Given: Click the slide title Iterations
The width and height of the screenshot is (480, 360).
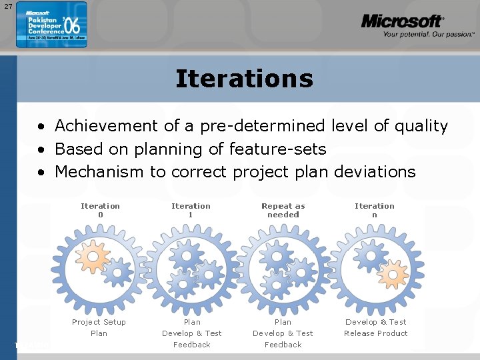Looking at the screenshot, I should click(x=244, y=79).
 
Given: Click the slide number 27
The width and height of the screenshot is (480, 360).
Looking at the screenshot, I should click(x=8, y=6).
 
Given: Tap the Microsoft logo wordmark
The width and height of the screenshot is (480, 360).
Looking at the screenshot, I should click(x=402, y=21).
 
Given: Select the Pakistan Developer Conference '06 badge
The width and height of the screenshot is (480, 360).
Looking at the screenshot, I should click(x=51, y=25).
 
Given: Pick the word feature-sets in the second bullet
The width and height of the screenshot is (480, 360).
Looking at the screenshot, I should click(x=277, y=149).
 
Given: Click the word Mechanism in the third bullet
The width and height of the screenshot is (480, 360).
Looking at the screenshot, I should click(x=99, y=172).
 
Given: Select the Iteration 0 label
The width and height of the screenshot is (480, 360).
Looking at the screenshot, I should click(x=100, y=211).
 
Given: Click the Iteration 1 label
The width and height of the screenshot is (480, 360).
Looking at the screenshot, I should click(x=191, y=211).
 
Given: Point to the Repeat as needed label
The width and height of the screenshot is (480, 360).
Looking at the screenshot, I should click(x=283, y=211).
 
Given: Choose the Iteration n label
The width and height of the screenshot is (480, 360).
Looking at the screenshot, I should click(x=375, y=211).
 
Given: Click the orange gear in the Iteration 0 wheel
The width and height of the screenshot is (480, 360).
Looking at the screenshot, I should click(x=92, y=256).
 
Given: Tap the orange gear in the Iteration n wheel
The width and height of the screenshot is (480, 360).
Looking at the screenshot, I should click(x=393, y=273).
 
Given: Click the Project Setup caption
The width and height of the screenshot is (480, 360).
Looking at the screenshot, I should click(x=99, y=322).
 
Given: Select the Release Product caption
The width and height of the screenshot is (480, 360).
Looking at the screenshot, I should click(x=375, y=333).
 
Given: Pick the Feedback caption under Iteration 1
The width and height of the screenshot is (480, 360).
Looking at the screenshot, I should click(x=191, y=345).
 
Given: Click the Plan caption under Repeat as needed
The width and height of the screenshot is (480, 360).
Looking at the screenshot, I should click(x=283, y=322).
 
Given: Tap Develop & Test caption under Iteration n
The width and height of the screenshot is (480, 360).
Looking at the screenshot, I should click(x=375, y=322).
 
